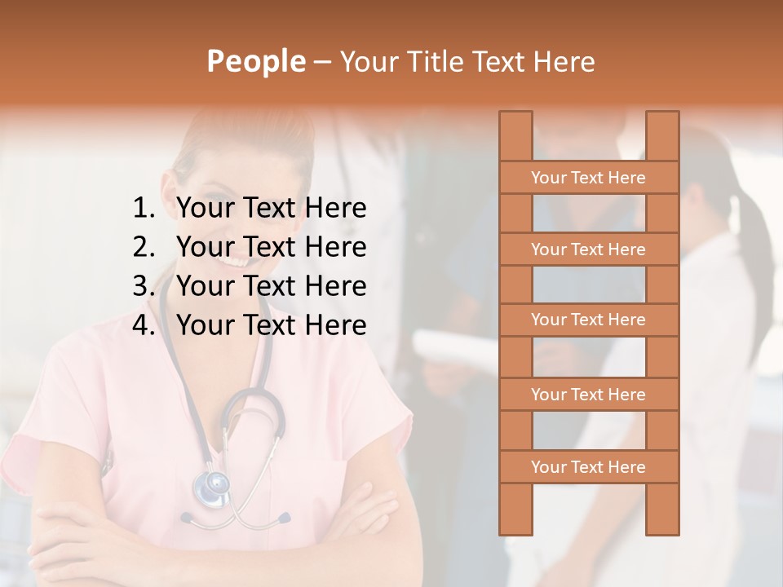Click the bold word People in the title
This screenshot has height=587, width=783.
(255, 61)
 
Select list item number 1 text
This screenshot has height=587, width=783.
(271, 209)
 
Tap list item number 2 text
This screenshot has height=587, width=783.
(271, 247)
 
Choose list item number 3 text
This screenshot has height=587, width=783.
(271, 286)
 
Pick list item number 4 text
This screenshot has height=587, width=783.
(271, 325)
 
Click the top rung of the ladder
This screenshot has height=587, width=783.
(588, 178)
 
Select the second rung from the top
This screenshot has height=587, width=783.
(588, 249)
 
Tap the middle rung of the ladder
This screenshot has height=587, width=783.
(588, 320)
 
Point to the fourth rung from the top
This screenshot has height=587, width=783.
(588, 395)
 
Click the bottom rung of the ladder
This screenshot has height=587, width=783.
(588, 467)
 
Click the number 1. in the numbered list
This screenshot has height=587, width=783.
(144, 209)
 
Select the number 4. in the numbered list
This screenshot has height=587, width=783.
(144, 325)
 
